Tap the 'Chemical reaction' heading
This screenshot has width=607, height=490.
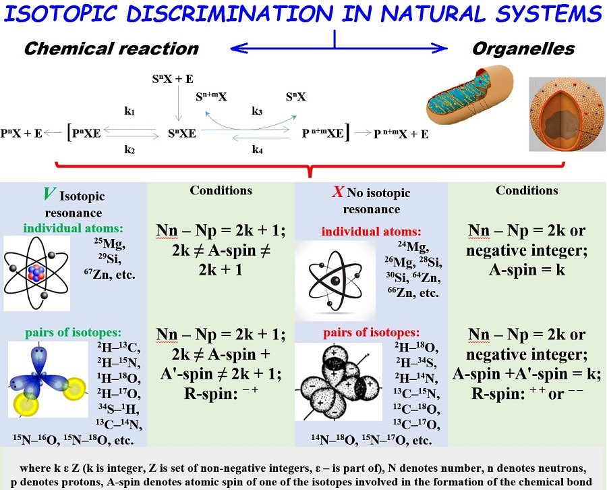pyautogui.click(x=111, y=49)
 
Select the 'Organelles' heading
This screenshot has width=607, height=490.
pyautogui.click(x=523, y=49)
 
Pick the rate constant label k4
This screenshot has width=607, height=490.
pyautogui.click(x=258, y=149)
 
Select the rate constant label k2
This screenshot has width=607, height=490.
pyautogui.click(x=129, y=149)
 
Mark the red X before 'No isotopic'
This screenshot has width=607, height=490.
pyautogui.click(x=339, y=192)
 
